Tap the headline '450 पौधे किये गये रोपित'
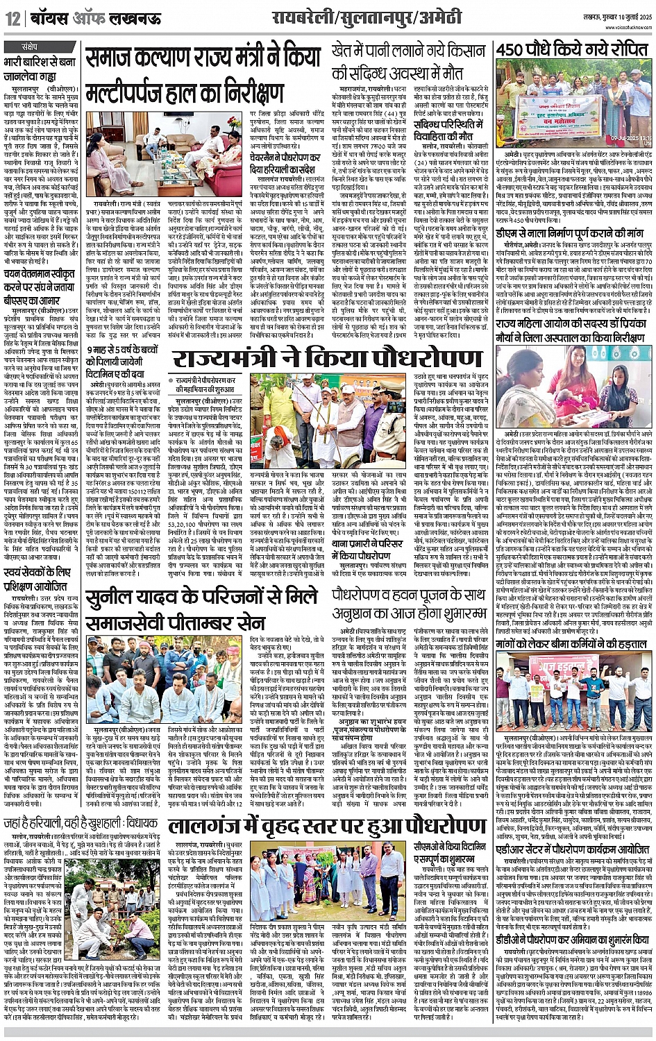(x=573, y=51)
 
